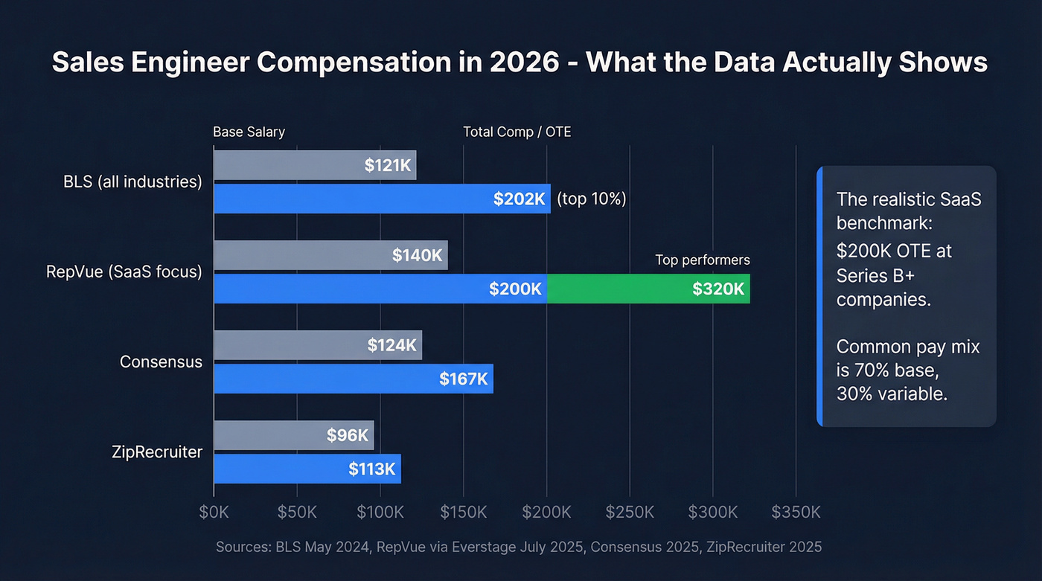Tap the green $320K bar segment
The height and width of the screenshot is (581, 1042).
pyautogui.click(x=648, y=289)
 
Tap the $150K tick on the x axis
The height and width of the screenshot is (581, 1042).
pyautogui.click(x=464, y=513)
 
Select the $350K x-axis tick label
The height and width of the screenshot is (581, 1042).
pyautogui.click(x=796, y=513)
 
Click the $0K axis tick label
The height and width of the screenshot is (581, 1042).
pyautogui.click(x=214, y=513)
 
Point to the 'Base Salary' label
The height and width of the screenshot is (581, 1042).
pyautogui.click(x=249, y=132)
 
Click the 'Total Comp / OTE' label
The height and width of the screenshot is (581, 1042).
pyautogui.click(x=517, y=132)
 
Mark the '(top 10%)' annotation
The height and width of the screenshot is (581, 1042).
pyautogui.click(x=592, y=199)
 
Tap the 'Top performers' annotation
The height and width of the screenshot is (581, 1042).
pyautogui.click(x=702, y=260)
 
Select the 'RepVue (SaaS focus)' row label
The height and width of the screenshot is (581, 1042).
pyautogui.click(x=124, y=272)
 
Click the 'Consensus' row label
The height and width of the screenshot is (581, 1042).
pyautogui.click(x=161, y=362)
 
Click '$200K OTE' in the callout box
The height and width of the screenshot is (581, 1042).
pyautogui.click(x=886, y=251)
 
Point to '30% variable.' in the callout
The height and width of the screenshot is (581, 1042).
pyautogui.click(x=892, y=394)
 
